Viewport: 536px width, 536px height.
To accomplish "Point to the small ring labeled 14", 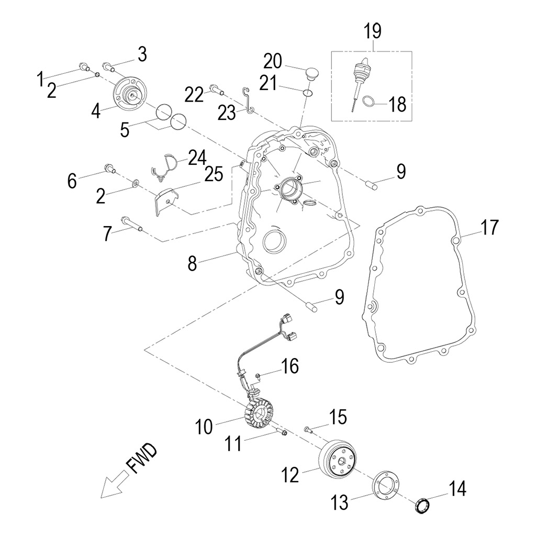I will (422, 506).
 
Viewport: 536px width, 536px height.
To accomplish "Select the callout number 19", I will (373, 31).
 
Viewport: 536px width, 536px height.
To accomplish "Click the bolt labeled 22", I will (217, 90).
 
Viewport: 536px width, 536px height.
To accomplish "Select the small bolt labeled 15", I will (309, 429).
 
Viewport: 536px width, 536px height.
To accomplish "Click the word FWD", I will (141, 459).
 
